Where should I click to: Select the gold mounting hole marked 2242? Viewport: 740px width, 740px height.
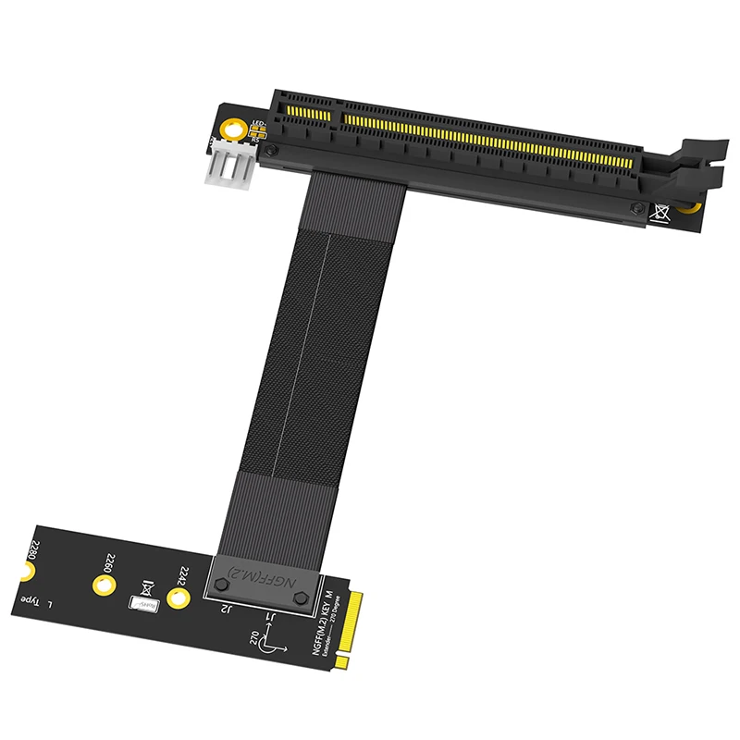(x=180, y=600)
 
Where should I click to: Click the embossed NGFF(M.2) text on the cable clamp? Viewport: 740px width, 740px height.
(x=266, y=574)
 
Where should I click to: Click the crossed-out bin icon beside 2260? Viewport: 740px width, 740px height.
(x=146, y=586)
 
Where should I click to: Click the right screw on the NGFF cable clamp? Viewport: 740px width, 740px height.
(x=300, y=599)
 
